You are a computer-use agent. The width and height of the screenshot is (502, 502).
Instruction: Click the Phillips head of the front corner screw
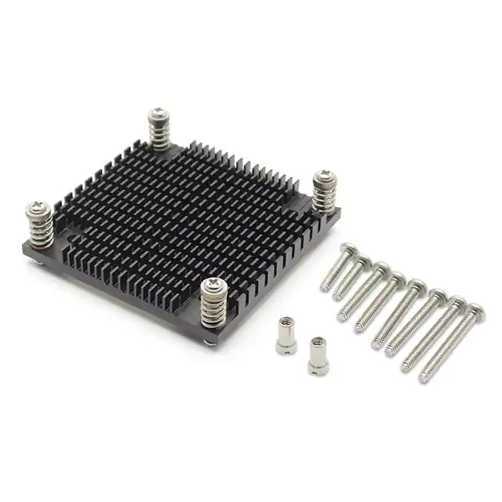point(211,288)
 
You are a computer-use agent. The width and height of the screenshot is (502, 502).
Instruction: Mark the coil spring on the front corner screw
point(212,311)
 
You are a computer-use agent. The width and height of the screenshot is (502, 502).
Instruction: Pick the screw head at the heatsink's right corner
point(323,177)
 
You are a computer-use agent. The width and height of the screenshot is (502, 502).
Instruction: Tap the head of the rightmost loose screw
point(475,313)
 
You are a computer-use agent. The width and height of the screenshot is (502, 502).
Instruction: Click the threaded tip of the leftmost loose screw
point(324,288)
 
